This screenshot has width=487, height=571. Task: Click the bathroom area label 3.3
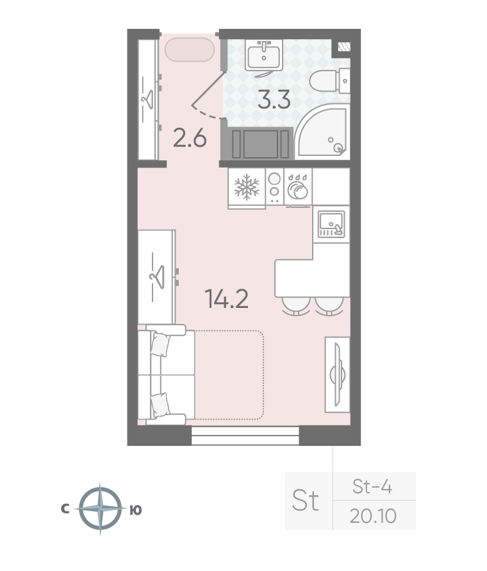274,100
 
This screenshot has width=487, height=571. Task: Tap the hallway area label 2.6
190,139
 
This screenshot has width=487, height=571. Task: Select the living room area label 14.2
227,298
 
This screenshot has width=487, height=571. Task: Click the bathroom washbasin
264,55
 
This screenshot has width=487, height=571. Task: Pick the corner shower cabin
322,132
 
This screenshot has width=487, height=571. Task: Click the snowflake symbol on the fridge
247,187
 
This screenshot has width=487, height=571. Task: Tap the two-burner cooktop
275,186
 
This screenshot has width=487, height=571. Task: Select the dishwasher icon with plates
297,187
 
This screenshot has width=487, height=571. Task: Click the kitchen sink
331,224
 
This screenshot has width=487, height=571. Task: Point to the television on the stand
337,374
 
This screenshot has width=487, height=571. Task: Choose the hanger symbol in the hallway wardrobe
147,99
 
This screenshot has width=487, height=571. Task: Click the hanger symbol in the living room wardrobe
157,277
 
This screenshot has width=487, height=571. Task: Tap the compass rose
101,509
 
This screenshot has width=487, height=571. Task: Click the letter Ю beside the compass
136,510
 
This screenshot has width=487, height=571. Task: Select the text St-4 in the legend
372,486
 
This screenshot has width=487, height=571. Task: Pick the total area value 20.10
373,516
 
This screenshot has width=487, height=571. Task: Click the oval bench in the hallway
189,49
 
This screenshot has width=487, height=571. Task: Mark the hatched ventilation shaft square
343,46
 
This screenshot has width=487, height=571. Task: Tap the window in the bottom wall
245,436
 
